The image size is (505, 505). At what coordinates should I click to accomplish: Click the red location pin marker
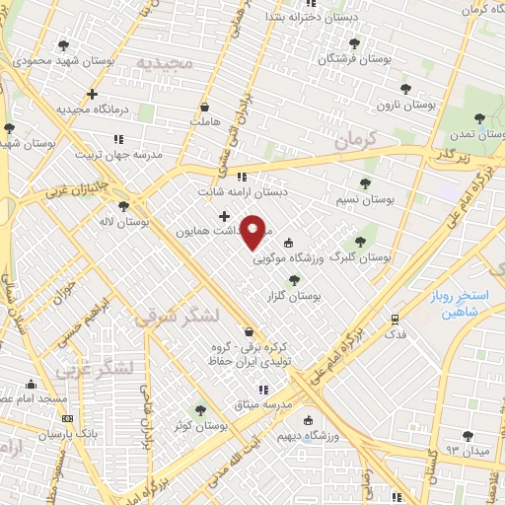tap(254, 231)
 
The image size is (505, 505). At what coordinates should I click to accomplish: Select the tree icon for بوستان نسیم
tap(365, 183)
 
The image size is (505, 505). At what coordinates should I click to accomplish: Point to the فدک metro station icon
tap(395, 320)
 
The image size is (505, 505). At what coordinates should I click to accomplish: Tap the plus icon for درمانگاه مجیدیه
tap(92, 95)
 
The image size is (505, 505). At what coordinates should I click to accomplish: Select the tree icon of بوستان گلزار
tap(293, 280)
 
